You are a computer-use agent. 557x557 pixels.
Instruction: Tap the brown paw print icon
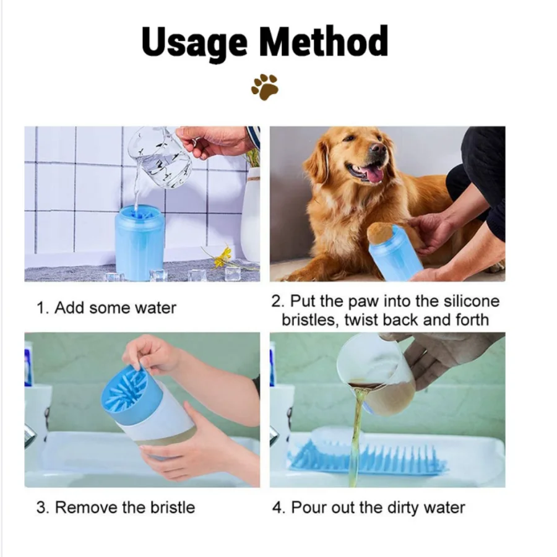point(265,87)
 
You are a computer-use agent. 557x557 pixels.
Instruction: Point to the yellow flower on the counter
point(223,256)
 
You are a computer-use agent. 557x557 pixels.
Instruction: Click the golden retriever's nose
point(379,148)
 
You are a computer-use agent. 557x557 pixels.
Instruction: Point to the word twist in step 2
point(361,320)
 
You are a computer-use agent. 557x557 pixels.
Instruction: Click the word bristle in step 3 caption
point(173,507)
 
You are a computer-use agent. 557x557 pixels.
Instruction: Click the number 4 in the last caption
point(277,507)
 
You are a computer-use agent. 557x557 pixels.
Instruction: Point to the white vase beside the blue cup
point(251,215)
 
